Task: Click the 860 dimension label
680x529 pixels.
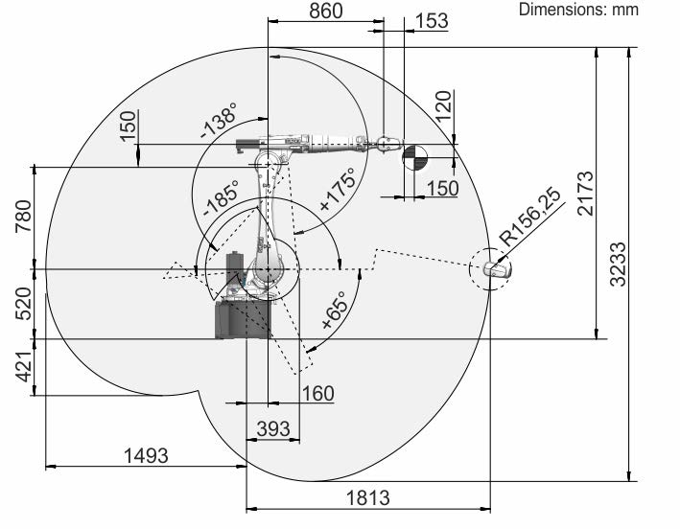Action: pos(326,11)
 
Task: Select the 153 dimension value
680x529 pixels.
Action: pos(432,21)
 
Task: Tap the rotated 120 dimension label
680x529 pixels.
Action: pos(443,106)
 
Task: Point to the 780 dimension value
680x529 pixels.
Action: pos(24,216)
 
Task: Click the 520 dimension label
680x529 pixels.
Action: pos(24,304)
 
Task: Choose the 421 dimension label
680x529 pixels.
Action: pos(24,367)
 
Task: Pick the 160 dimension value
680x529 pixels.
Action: pos(317,393)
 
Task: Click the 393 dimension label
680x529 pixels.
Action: pos(273,429)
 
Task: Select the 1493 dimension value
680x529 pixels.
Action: pos(146,456)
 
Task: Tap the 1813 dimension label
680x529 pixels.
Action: pos(368,497)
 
